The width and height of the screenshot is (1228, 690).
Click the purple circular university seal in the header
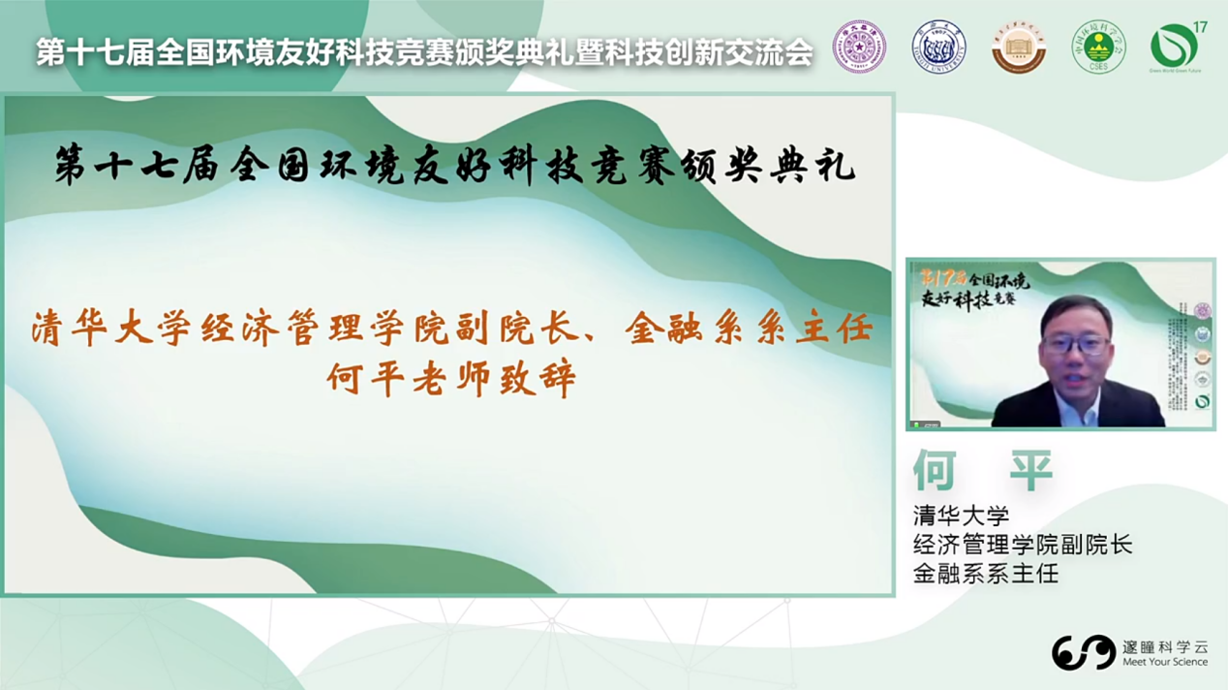point(859,46)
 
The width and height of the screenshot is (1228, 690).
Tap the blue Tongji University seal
point(939,46)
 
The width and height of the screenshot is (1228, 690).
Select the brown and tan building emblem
point(1019,47)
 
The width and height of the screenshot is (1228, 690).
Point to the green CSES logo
point(1098,47)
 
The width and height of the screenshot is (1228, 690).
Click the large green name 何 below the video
point(935,471)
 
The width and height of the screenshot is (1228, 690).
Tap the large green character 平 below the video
point(1030,471)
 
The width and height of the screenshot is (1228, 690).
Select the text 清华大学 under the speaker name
point(961,515)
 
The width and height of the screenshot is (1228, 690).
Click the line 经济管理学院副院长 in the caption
point(1022,544)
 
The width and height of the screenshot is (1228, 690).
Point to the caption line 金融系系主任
point(986,573)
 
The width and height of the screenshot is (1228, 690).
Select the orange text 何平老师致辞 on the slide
point(451,378)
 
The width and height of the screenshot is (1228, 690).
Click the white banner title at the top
point(424,52)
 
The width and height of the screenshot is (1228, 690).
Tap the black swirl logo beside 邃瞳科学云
point(1084,652)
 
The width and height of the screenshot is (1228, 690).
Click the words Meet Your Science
point(1165,663)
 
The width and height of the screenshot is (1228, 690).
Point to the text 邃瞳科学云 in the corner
point(1165,645)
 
